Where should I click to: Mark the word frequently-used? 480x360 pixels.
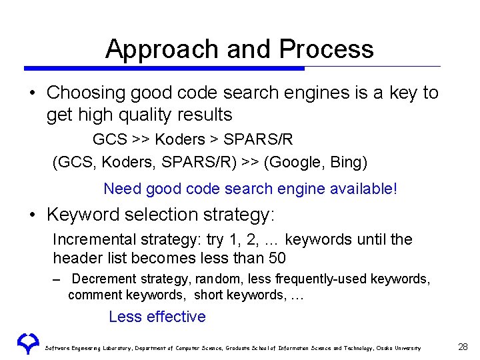[x=333, y=279]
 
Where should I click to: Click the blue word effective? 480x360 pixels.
[x=175, y=317]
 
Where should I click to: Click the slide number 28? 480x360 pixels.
[x=463, y=347]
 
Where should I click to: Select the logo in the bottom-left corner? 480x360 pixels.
[x=28, y=343]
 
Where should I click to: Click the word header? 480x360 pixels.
[x=75, y=258]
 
